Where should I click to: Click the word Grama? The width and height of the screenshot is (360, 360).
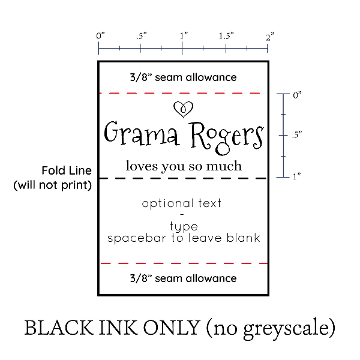pyautogui.click(x=142, y=135)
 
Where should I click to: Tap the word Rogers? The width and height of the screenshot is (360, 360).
pyautogui.click(x=227, y=136)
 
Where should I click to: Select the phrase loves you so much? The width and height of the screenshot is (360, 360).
pyautogui.click(x=184, y=166)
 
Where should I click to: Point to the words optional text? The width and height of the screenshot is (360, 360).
pyautogui.click(x=182, y=203)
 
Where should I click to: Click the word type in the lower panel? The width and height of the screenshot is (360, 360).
pyautogui.click(x=184, y=227)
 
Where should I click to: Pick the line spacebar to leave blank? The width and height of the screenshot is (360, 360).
pyautogui.click(x=184, y=238)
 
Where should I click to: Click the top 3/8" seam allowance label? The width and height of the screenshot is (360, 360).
pyautogui.click(x=183, y=77)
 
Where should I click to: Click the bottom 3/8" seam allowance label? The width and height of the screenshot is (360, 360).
pyautogui.click(x=183, y=278)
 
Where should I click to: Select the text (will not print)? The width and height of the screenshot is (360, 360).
pyautogui.click(x=53, y=185)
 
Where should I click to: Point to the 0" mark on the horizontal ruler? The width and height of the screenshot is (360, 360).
pyautogui.click(x=100, y=36)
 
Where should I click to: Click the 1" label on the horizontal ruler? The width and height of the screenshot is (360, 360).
pyautogui.click(x=184, y=36)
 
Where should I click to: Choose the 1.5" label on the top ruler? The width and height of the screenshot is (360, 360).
pyautogui.click(x=226, y=36)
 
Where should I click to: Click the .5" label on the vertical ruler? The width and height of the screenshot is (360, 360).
pyautogui.click(x=296, y=136)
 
